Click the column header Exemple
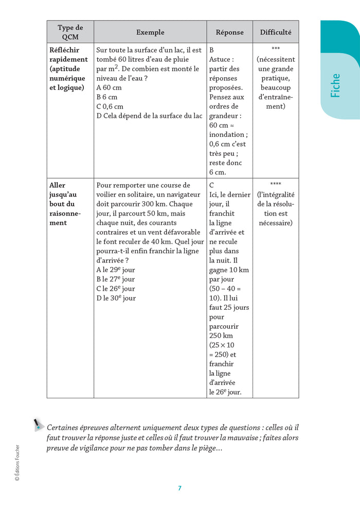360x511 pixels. [150, 32]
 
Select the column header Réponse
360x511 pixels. [229, 32]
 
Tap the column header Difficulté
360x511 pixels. [275, 32]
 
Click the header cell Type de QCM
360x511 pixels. [70, 32]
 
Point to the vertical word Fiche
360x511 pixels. [335, 85]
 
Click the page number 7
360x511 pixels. [179, 488]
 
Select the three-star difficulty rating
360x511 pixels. [275, 50]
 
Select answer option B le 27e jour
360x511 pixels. [116, 279]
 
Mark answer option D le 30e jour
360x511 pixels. [116, 298]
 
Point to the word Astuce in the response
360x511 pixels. [221, 60]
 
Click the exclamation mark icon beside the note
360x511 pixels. [37, 424]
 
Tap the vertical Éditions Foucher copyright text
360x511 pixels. [17, 463]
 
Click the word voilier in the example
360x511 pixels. [107, 195]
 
